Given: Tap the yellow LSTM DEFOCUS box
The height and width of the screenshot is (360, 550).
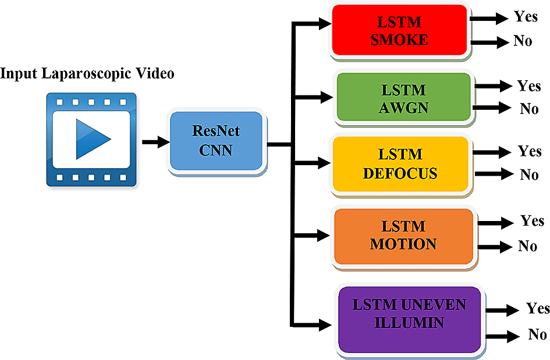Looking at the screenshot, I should point(400,164).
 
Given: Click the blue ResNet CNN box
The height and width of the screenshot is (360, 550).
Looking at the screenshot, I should point(216,141).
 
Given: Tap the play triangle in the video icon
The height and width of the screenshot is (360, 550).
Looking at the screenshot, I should point(92,138).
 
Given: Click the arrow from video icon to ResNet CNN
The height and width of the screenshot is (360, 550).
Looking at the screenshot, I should point(154,141).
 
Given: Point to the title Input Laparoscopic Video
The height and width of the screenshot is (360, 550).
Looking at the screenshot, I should point(87,74).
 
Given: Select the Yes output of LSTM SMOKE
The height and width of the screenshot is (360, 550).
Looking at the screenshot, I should point(526,17).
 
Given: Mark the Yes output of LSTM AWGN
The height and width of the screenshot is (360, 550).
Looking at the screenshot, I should point(529,86).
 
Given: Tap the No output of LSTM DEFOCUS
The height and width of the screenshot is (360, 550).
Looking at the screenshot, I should point(528,174).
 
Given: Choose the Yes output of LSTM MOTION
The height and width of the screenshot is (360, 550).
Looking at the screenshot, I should point(532,221).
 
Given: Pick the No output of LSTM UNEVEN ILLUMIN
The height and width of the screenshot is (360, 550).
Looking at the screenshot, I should point(537,334).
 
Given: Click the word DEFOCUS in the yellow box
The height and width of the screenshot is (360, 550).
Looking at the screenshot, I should point(400,173).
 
